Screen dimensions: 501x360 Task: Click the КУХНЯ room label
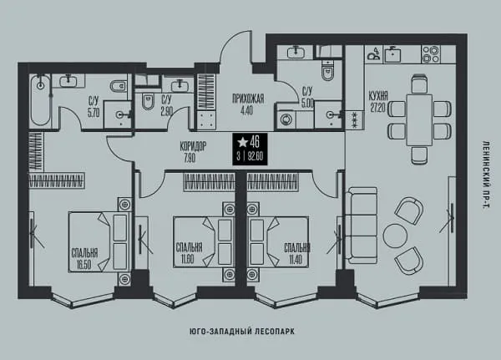378,95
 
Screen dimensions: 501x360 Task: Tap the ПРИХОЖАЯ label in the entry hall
248,99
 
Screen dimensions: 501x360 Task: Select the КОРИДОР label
193,147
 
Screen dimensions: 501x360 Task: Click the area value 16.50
83,265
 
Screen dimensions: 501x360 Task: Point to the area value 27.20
377,108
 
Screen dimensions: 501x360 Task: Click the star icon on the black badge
243,142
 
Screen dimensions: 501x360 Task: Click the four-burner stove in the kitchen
430,54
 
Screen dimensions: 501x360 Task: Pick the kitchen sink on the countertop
392,53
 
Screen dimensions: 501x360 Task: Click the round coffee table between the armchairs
395,236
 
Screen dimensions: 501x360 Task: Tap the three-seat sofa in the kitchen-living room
362,226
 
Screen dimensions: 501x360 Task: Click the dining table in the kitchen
419,120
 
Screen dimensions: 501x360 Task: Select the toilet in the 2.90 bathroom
148,102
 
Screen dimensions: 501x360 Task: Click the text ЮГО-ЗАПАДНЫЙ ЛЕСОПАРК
242,332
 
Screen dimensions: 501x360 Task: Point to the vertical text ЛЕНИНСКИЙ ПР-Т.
485,175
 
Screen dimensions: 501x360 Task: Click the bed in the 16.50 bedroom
99,241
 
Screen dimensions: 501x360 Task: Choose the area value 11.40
296,260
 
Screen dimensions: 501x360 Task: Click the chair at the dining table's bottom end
419,155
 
